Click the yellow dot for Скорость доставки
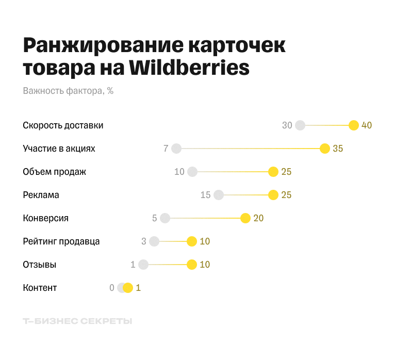click(x=354, y=125)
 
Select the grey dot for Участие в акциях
click(x=176, y=149)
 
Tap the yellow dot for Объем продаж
click(x=273, y=172)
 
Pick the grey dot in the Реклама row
click(x=219, y=195)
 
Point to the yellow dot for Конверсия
click(x=245, y=218)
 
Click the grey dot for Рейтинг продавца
click(x=154, y=241)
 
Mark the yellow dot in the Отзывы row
click(x=192, y=265)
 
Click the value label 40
click(x=367, y=125)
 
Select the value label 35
click(x=338, y=149)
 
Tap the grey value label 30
click(x=287, y=125)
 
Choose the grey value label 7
click(x=166, y=149)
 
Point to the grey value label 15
click(x=206, y=195)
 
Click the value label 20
click(x=258, y=218)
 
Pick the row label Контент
click(x=40, y=288)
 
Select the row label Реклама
click(x=41, y=195)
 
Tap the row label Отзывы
click(x=40, y=265)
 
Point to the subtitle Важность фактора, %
click(x=68, y=91)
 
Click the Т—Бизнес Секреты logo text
click(x=77, y=321)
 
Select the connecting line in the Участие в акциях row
click(x=251, y=149)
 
